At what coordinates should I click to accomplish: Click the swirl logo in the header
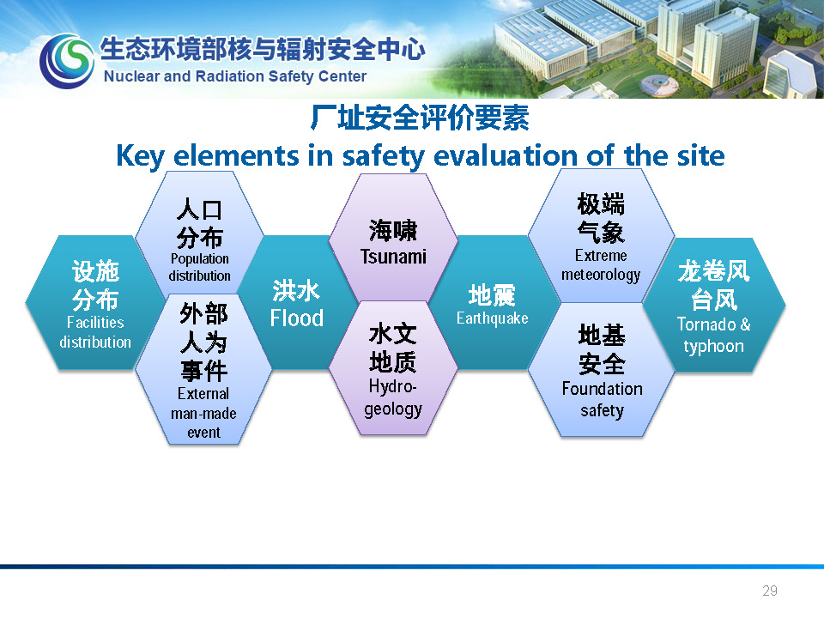coord(67,60)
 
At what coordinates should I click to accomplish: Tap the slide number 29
coord(770,591)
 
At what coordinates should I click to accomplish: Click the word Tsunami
coord(393,257)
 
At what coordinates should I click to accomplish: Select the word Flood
coord(296,318)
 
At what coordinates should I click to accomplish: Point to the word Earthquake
coord(493,318)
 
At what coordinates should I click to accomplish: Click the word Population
coord(200,259)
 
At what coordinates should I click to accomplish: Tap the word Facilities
coord(95,322)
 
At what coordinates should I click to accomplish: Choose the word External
coord(203,394)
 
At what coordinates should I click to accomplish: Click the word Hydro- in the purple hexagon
coord(392,386)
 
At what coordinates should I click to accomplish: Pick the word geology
coord(393,409)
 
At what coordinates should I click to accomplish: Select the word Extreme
coord(601,256)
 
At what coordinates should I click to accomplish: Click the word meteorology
coord(601,275)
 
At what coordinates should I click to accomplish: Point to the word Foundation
coord(603,388)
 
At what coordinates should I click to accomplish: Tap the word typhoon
coord(713,347)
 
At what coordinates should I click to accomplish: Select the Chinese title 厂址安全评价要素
coord(420,118)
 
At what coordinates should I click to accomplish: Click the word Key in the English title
coord(140,156)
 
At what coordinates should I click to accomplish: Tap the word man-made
coord(203,414)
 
